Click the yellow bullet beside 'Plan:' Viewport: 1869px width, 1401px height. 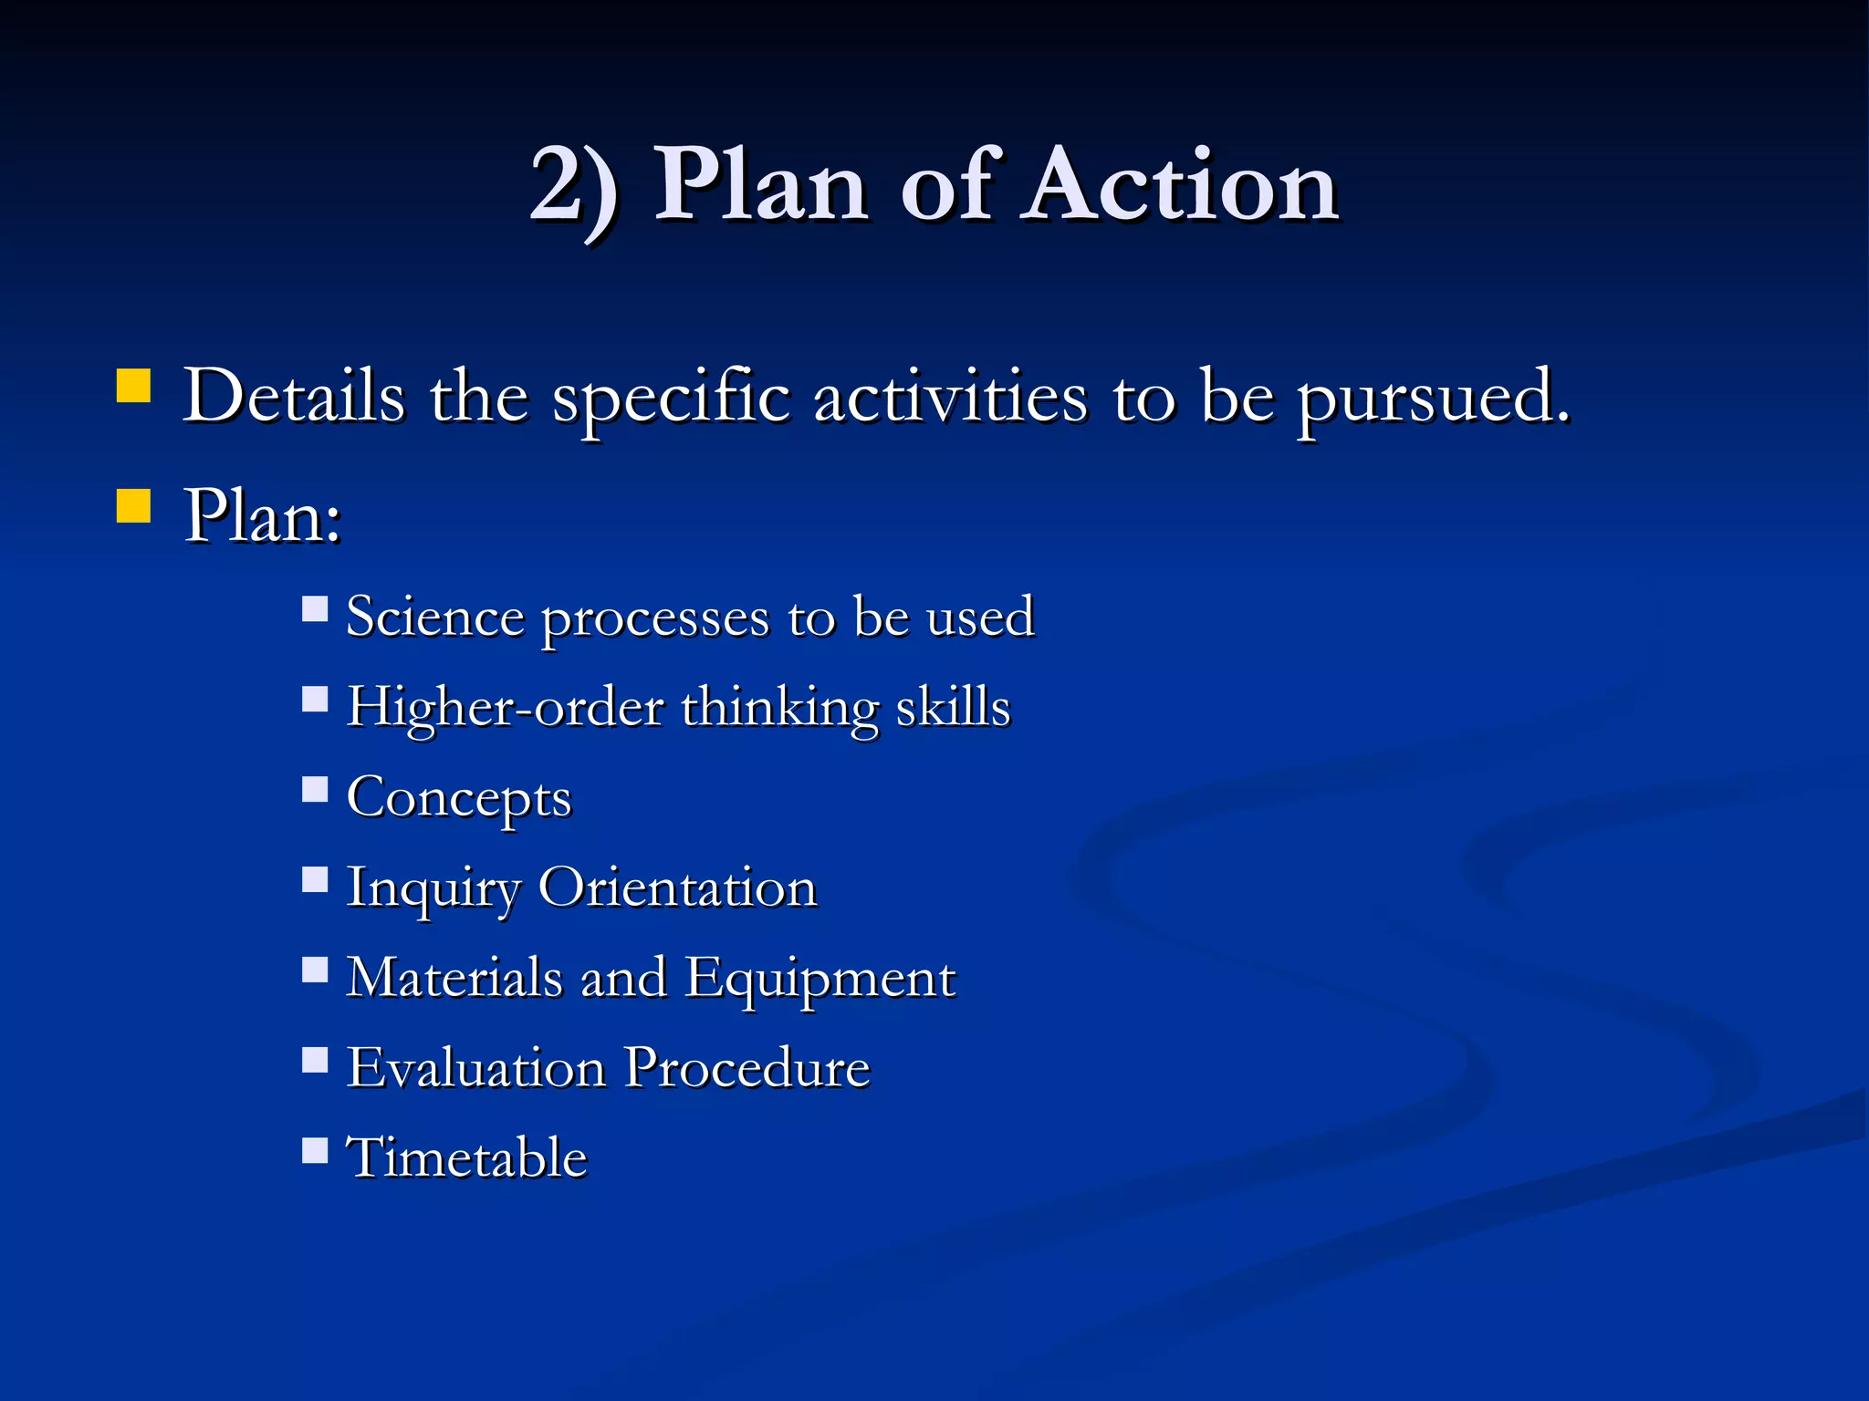[x=133, y=505]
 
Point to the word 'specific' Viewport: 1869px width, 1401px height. [x=671, y=399]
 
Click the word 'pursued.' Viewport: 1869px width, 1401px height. [x=1434, y=399]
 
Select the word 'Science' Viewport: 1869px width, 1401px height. [x=435, y=617]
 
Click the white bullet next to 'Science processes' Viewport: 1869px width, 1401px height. [x=315, y=608]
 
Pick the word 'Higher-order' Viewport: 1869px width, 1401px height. [x=505, y=708]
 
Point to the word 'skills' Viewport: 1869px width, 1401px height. [x=953, y=706]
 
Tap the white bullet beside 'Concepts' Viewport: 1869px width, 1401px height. [x=315, y=789]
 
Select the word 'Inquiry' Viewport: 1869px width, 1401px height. [x=433, y=888]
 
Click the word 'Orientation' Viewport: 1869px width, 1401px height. [x=677, y=887]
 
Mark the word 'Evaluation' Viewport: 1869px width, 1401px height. [x=476, y=1067]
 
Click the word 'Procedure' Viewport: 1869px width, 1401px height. [x=747, y=1067]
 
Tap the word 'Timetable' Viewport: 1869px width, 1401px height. [x=466, y=1157]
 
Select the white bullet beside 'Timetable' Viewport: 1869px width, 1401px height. [x=315, y=1150]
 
